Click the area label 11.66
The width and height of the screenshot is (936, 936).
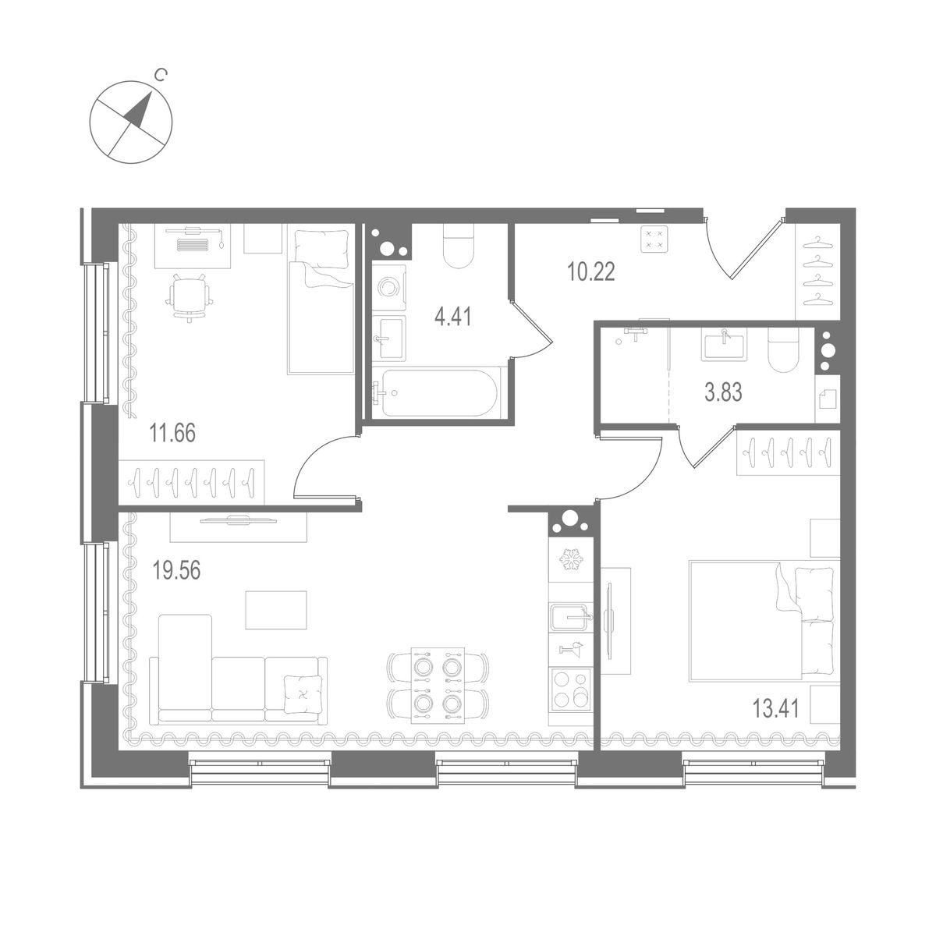point(172,431)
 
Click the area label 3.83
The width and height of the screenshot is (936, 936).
point(723,392)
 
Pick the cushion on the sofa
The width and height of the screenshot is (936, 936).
point(300,693)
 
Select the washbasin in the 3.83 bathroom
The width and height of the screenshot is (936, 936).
point(724,343)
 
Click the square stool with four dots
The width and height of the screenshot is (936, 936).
point(654,239)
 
